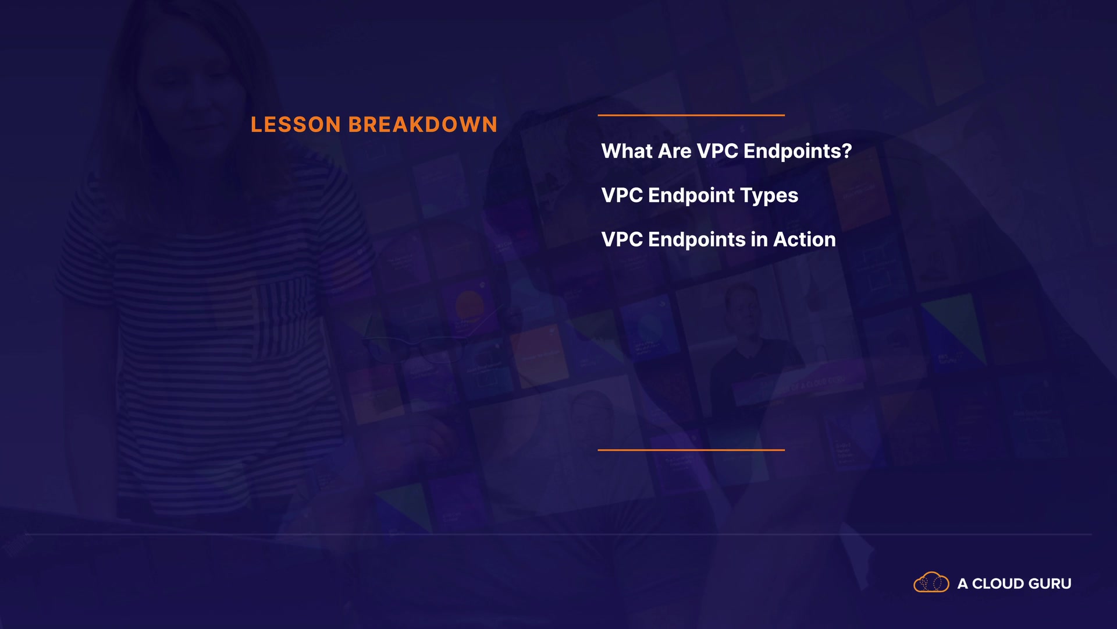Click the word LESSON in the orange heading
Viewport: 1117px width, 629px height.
point(296,125)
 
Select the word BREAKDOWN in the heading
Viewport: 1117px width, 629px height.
point(423,125)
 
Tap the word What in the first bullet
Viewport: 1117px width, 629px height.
point(627,151)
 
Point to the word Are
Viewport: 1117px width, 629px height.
point(675,151)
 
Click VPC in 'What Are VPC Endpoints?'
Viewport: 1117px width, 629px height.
point(717,151)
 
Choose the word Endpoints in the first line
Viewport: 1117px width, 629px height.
point(792,152)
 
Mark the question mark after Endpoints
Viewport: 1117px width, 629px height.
point(846,151)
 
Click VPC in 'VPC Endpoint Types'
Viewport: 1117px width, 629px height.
point(622,196)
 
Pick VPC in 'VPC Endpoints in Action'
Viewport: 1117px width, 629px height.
point(622,240)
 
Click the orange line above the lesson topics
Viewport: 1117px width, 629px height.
point(691,115)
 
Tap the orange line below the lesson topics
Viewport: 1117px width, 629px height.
point(691,450)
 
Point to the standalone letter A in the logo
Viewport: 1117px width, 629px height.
point(963,584)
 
